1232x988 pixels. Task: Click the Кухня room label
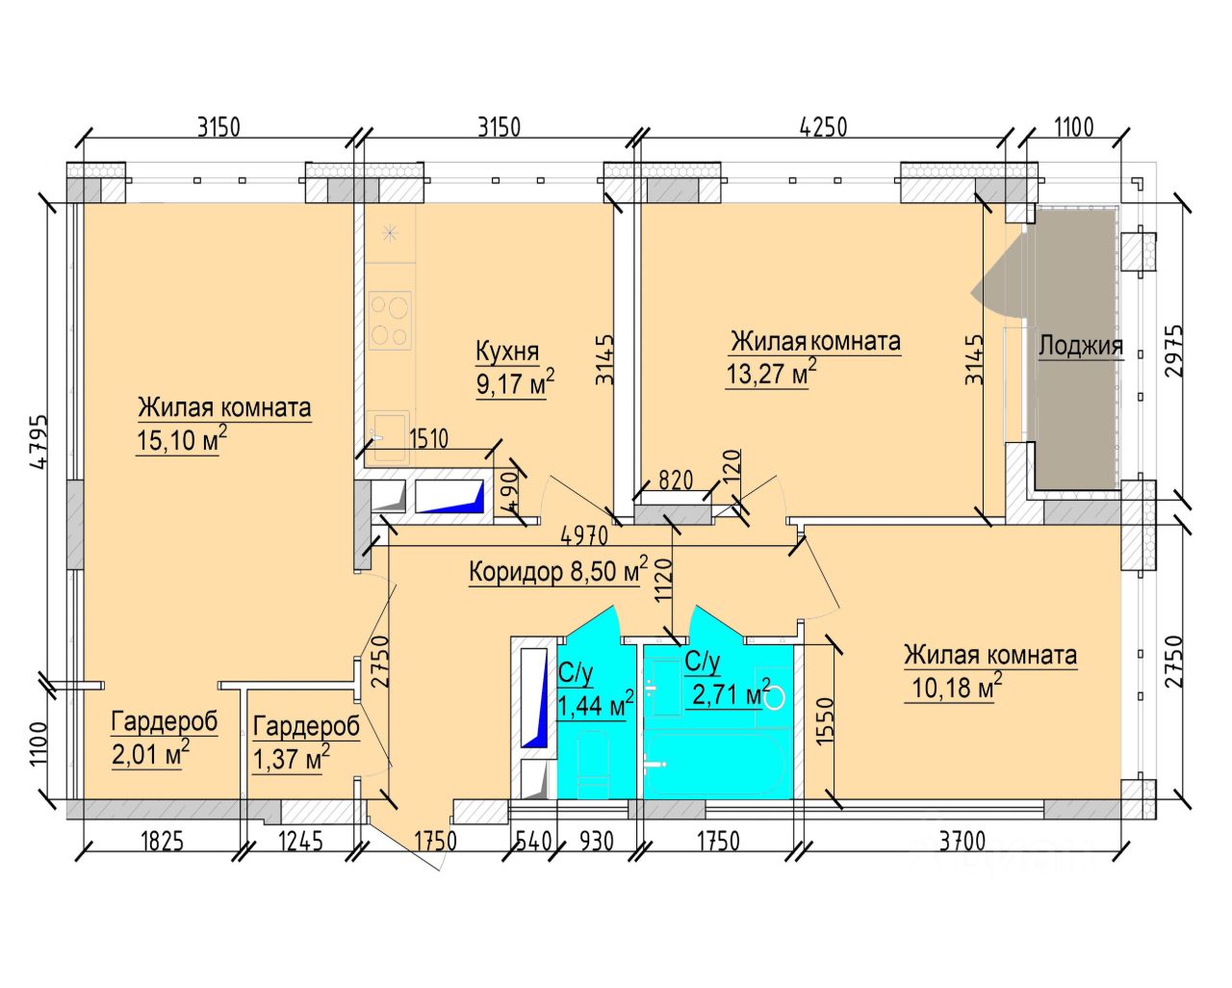click(507, 351)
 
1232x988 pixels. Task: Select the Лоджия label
click(1080, 347)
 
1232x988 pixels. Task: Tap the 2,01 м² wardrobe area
click(150, 754)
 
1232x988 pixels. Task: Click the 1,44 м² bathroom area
click(595, 705)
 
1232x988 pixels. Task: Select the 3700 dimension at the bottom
click(962, 842)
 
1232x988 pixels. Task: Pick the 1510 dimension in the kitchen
click(427, 439)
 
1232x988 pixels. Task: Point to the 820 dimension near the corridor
click(676, 480)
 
